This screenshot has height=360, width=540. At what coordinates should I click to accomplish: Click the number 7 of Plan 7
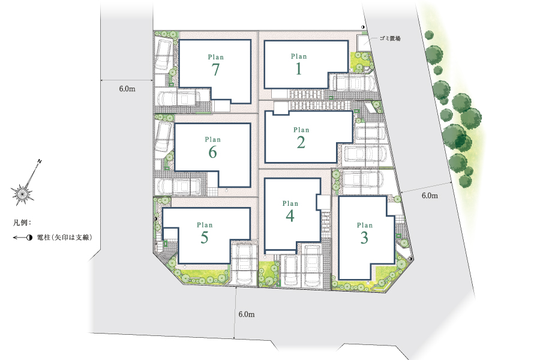[x=215, y=70]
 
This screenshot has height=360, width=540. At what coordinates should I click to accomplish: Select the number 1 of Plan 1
[x=299, y=68]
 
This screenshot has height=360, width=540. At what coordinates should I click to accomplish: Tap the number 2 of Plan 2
[x=301, y=142]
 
